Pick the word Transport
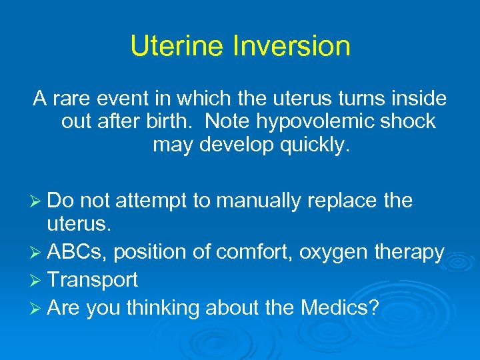coord(93,279)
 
